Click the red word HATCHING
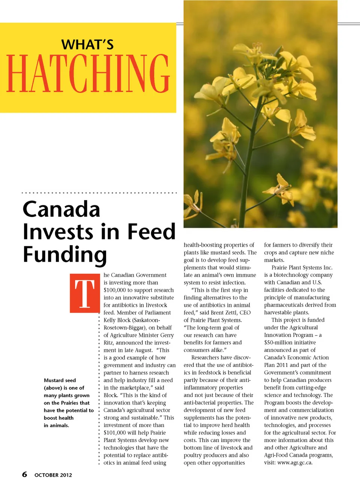[x=88, y=73]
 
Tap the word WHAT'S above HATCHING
[x=87, y=45]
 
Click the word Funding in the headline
[x=64, y=255]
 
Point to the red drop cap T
[x=84, y=293]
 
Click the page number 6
[x=24, y=474]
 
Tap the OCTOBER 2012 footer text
[x=53, y=475]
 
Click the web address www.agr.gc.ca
[x=294, y=463]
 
